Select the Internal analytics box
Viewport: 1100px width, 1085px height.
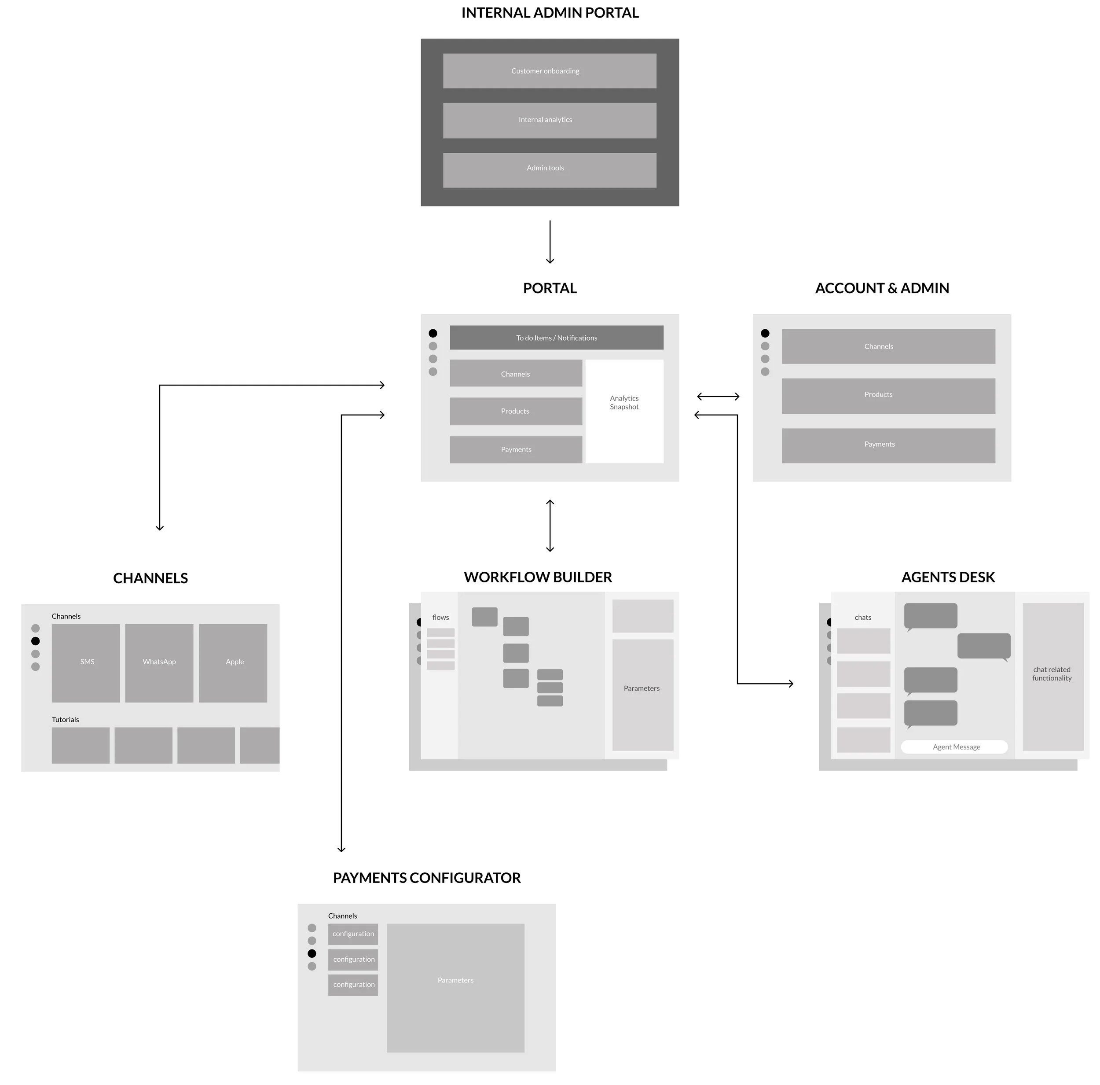click(x=550, y=120)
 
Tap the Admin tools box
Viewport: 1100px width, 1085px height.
click(x=550, y=170)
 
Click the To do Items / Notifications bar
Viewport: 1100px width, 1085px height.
click(x=556, y=338)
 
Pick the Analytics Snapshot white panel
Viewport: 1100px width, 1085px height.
click(x=625, y=411)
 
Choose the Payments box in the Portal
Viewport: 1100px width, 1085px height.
click(x=516, y=449)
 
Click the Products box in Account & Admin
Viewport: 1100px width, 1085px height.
click(x=888, y=396)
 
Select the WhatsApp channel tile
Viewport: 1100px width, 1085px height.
click(x=159, y=663)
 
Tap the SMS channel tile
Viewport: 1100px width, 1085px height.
click(x=86, y=663)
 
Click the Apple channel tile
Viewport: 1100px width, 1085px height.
click(x=233, y=663)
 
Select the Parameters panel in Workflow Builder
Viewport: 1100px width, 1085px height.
click(x=643, y=695)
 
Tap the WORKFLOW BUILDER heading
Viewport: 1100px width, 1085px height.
click(x=538, y=577)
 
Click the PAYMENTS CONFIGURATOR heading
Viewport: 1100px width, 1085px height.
click(x=426, y=878)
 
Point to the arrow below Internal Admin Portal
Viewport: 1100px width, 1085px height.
click(x=550, y=242)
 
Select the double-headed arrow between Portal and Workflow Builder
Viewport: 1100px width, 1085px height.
click(x=550, y=526)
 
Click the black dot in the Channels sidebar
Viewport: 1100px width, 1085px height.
click(x=35, y=641)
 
